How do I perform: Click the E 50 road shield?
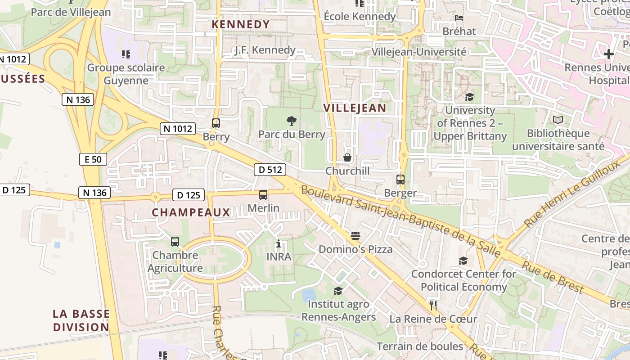(93, 159)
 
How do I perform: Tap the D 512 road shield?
(270, 170)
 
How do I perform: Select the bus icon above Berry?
(216, 123)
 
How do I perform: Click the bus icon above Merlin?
(263, 195)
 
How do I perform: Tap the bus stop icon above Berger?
(400, 180)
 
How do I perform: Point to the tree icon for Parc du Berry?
(292, 121)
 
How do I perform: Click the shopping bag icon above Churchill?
(347, 157)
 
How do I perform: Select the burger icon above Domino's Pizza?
(355, 236)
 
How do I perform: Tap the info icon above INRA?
(279, 244)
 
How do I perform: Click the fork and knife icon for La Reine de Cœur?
(433, 306)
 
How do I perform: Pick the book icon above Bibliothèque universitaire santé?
(558, 120)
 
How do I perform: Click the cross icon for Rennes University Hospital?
(608, 54)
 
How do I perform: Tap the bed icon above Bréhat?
(459, 18)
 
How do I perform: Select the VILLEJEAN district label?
(355, 108)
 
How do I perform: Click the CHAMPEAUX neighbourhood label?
(191, 212)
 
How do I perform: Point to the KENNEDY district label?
(241, 24)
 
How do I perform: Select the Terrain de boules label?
(419, 346)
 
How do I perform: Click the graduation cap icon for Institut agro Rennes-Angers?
(338, 291)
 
